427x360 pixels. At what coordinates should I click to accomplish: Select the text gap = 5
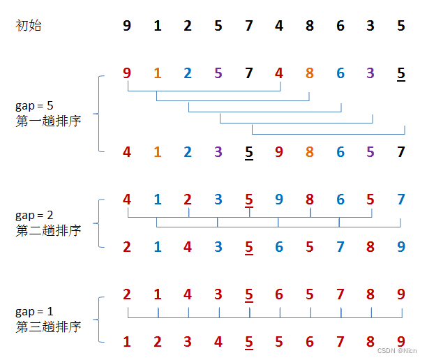coord(34,106)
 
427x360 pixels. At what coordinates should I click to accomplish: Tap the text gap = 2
coord(34,216)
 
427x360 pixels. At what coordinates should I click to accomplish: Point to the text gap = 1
coord(34,311)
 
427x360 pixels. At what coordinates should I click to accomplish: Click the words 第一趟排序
coord(48,121)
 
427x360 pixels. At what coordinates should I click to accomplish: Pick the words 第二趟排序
coord(48,230)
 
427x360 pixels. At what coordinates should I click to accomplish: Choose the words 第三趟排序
coord(48,326)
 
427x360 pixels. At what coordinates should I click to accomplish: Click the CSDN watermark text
coord(395,352)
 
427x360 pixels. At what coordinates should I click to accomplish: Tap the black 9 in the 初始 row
coord(126,26)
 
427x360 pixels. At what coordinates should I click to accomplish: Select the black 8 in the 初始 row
coord(310,26)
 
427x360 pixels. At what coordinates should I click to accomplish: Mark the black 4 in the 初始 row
coord(279,26)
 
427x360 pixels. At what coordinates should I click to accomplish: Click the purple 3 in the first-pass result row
coord(218,151)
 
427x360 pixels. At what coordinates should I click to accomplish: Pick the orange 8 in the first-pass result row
coord(310,151)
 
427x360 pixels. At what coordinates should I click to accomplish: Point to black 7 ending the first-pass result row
coord(400,151)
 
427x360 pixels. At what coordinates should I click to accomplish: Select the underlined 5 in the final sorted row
coord(249,343)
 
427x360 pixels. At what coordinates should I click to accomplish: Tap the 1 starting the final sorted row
coord(126,343)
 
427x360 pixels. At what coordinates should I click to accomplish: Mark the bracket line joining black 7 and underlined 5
coord(328,134)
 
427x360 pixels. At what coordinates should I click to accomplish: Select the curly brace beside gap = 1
coord(102,318)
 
